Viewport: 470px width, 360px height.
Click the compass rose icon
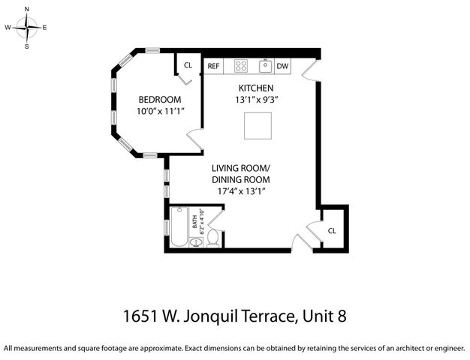click(x=27, y=27)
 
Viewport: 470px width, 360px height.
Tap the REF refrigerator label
click(x=213, y=66)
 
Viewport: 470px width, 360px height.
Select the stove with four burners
click(x=241, y=66)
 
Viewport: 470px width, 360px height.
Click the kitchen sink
click(x=265, y=66)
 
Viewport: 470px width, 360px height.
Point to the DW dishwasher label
click(x=282, y=66)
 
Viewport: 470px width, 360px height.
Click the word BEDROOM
click(x=158, y=100)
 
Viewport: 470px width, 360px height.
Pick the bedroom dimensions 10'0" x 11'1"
click(x=160, y=111)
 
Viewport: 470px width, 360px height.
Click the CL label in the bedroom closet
click(x=188, y=65)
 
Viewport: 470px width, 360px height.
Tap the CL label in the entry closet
click(x=332, y=230)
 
